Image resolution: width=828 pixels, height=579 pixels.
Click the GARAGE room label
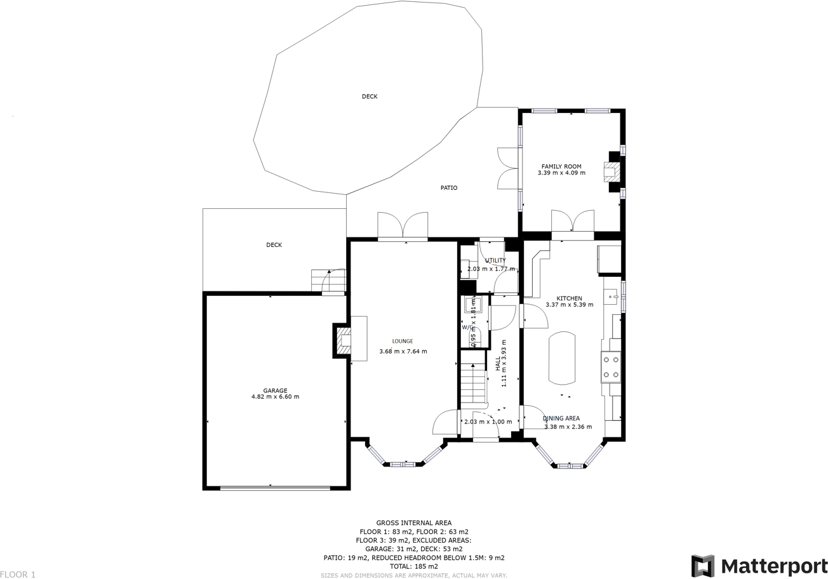pos(275,390)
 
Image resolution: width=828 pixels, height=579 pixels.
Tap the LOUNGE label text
pos(402,342)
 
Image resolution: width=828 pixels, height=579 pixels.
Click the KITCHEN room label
pos(569,298)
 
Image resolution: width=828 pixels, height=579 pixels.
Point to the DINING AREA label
pos(561,418)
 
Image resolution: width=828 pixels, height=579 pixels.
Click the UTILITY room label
pos(495,260)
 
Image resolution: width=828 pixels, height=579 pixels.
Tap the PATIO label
pos(449,188)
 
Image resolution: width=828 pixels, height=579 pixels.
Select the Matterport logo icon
pos(703,566)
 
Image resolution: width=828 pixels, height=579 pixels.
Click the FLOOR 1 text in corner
pos(18,574)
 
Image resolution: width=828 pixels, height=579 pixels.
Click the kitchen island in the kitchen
pos(562,358)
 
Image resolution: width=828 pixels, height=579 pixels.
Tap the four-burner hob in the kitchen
pos(611,367)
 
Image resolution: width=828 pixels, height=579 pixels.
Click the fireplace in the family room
pos(611,171)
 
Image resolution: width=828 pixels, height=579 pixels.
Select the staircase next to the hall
pos(472,386)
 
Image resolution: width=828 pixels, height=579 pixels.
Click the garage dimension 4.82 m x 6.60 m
pos(275,397)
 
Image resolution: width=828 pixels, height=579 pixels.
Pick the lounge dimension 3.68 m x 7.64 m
pos(403,352)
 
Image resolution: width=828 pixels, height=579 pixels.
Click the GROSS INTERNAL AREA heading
pos(413,523)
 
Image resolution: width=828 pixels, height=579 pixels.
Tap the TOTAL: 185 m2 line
pos(413,566)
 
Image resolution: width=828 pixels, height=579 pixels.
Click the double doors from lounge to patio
pos(403,227)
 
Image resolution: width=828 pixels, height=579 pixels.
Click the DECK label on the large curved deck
pos(370,96)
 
